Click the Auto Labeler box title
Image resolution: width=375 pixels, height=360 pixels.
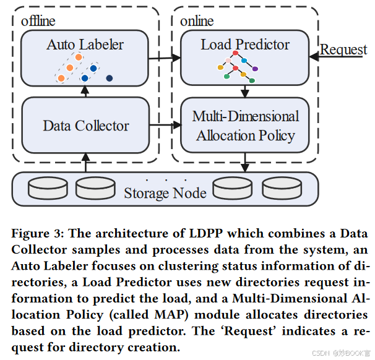(85, 45)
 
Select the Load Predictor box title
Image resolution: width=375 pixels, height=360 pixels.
(245, 45)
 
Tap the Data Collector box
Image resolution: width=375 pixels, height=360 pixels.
(86, 126)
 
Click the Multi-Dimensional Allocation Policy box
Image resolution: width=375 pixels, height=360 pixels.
(245, 126)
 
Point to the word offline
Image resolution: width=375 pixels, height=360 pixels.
(38, 20)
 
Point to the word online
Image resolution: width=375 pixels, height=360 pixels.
(196, 20)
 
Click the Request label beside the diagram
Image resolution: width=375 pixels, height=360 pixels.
(343, 49)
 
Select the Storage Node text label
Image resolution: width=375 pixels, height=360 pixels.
(165, 193)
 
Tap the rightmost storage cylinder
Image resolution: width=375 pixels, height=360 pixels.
(282, 189)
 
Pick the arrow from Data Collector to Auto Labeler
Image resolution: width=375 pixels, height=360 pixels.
(85, 92)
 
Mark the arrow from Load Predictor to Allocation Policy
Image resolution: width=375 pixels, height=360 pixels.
(245, 91)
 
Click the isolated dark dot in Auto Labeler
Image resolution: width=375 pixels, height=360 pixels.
(109, 78)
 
